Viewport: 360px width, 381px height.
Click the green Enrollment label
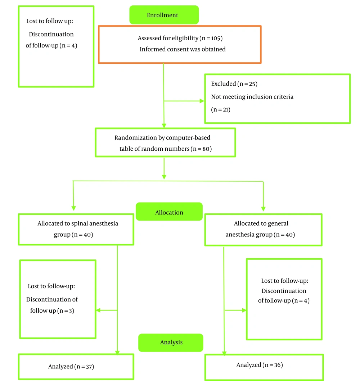164,15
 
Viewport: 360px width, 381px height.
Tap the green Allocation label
169,212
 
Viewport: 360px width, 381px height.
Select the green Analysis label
171,343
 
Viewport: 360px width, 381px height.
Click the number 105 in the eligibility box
216,38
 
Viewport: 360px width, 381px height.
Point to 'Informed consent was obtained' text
183,49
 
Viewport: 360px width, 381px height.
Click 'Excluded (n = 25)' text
234,84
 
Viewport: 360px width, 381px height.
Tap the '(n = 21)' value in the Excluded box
220,110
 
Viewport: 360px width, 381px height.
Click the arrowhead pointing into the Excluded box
202,101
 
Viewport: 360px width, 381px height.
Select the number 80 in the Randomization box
206,149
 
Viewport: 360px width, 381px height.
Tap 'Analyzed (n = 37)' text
71,366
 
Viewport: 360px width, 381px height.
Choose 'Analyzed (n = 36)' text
260,365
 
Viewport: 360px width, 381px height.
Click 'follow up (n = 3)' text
52,310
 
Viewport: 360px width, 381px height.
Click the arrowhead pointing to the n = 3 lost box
98,310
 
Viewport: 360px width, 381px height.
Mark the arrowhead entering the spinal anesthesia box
74,208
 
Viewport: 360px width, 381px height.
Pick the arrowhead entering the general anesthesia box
263,209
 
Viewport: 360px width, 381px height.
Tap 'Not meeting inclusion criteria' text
252,97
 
